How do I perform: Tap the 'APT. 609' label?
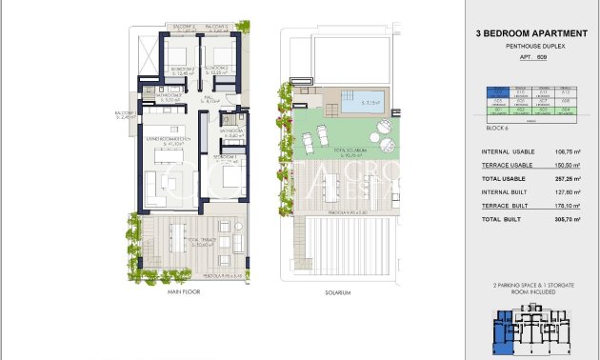tap(529, 57)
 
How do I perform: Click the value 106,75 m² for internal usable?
tap(567, 150)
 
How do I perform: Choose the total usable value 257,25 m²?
tap(567, 178)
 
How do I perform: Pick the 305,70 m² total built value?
tap(567, 219)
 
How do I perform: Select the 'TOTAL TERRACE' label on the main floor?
tap(201, 241)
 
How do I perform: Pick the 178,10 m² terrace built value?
tap(567, 206)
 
